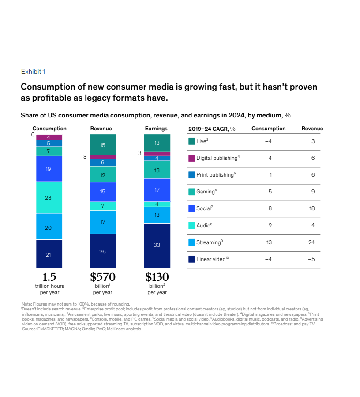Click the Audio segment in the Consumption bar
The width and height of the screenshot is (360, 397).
[49, 197]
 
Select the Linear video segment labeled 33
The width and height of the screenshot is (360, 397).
[157, 245]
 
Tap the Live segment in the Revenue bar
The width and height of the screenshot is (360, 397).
[102, 145]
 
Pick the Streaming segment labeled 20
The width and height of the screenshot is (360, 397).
[49, 227]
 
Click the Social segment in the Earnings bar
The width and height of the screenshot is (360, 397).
[157, 190]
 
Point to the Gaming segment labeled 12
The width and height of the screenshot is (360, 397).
[102, 175]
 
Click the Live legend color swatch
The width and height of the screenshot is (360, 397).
[191, 141]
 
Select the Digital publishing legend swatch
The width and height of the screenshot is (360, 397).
[191, 158]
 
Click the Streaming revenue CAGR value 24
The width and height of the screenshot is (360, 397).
[312, 242]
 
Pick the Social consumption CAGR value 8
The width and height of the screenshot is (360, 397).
[270, 208]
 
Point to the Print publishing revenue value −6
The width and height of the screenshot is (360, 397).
[312, 174]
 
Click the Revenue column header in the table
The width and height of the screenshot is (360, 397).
[312, 129]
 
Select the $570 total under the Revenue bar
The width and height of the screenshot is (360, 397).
[102, 277]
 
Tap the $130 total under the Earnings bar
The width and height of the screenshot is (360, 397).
[157, 277]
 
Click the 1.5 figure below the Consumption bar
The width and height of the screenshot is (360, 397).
[49, 277]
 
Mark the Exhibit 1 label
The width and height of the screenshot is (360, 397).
[33, 72]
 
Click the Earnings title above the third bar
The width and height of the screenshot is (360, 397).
[157, 129]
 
